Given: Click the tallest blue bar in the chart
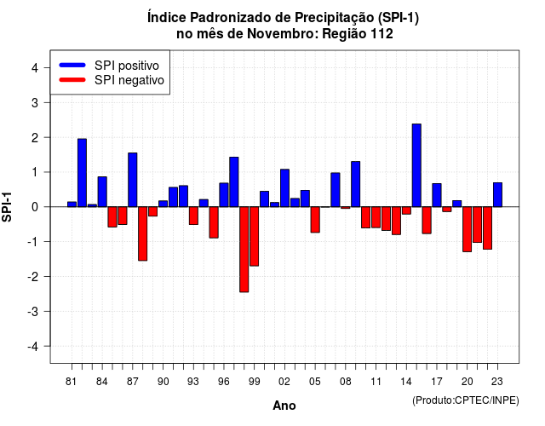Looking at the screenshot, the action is point(416,165).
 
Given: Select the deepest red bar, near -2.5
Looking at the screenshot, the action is point(244,250).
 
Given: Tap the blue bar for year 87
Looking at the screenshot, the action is point(133,180).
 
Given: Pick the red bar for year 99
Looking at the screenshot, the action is point(254,237).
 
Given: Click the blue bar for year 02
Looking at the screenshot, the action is point(284,188).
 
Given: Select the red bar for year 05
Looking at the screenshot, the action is point(315,220).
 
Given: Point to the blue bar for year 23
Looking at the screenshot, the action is point(497,195).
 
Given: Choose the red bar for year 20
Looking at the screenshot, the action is point(468,229).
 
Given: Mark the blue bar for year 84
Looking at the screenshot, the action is point(102,192).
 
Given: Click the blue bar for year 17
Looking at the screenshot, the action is point(437,195).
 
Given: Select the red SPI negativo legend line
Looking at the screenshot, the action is point(72,80).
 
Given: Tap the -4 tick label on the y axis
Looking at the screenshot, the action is point(33,346).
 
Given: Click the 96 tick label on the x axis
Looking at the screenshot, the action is point(223,382).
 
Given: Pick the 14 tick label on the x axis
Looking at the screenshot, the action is point(406,382).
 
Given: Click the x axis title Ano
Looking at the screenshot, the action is point(284,406).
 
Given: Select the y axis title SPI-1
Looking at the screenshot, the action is point(7,207).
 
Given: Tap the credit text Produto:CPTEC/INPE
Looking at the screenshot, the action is point(466,400).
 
